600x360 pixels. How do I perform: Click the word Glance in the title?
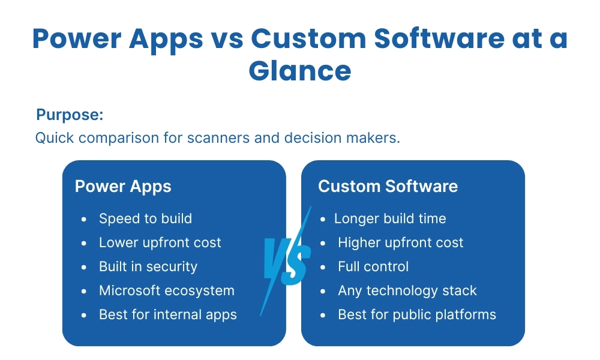click(300, 71)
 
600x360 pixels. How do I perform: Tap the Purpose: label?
click(70, 115)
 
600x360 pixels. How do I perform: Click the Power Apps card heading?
click(123, 187)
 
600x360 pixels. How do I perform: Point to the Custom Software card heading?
click(388, 187)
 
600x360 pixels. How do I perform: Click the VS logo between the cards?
click(286, 261)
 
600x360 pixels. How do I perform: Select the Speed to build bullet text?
click(145, 218)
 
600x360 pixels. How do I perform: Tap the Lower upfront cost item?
click(160, 242)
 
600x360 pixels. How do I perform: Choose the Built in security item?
click(148, 266)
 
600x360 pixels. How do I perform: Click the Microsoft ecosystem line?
click(166, 290)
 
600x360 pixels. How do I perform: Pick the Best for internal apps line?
click(167, 314)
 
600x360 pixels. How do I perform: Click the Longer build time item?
click(390, 218)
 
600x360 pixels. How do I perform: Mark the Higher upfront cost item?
click(400, 242)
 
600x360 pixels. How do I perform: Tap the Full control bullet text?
click(373, 266)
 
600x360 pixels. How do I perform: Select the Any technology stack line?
click(407, 291)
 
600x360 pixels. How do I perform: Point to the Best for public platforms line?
click(417, 314)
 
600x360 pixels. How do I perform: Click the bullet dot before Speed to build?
click(84, 219)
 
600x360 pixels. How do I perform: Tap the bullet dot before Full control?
click(323, 268)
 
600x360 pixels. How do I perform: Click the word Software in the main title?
click(439, 38)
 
